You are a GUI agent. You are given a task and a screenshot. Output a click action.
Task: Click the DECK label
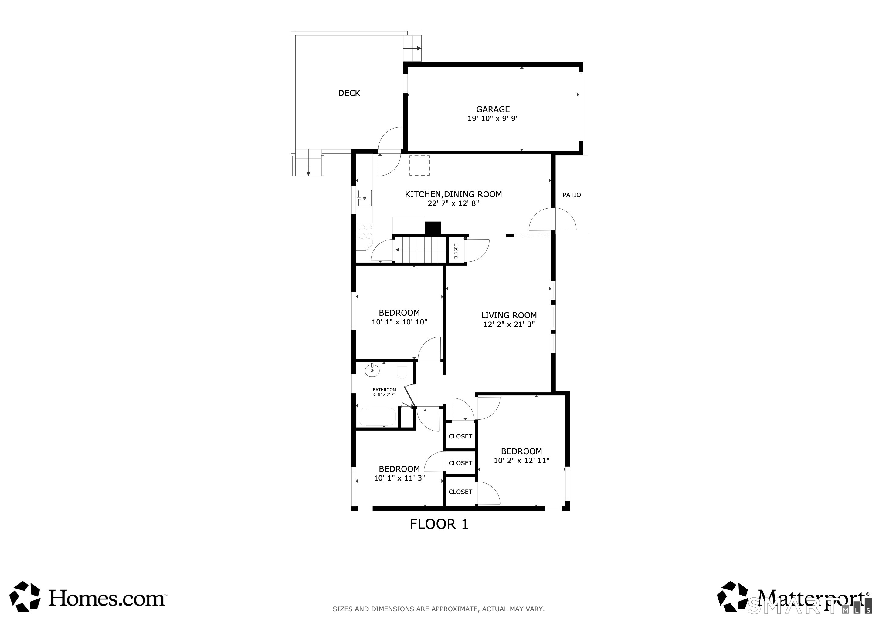pyautogui.click(x=349, y=93)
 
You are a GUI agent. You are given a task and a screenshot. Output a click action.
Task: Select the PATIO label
pyautogui.click(x=571, y=195)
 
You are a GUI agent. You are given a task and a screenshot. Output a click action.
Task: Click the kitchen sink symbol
pyautogui.click(x=365, y=198)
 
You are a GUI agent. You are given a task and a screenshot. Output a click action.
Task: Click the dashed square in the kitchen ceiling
pyautogui.click(x=419, y=166)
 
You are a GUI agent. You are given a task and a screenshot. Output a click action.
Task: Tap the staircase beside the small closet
pyautogui.click(x=421, y=250)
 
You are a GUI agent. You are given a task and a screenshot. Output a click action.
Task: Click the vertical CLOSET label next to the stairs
pyautogui.click(x=456, y=251)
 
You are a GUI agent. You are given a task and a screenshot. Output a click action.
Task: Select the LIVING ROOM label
pyautogui.click(x=508, y=315)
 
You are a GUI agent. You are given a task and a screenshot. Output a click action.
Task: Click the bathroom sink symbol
pyautogui.click(x=372, y=370)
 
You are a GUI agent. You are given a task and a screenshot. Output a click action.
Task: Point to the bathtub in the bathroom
pyautogui.click(x=377, y=417)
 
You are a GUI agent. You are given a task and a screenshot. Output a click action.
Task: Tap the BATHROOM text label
pyautogui.click(x=384, y=390)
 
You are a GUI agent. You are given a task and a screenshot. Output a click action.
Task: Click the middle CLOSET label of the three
pyautogui.click(x=460, y=463)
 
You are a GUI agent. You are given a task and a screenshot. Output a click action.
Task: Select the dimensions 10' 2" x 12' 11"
pyautogui.click(x=521, y=460)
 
